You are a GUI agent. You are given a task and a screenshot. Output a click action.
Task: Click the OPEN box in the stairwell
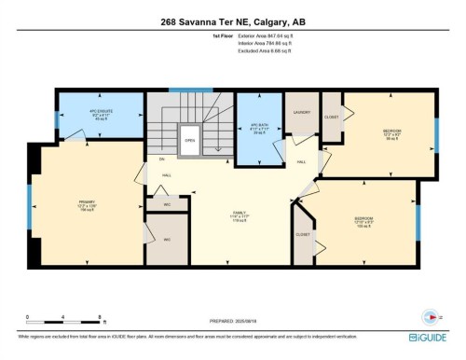(189, 142)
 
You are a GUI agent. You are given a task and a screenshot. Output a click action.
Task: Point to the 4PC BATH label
(247, 128)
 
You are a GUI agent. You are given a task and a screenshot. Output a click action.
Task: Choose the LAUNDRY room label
(301, 112)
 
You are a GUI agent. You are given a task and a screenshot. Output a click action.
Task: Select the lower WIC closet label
(168, 240)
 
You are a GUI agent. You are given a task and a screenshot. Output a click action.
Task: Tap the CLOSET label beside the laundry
(331, 118)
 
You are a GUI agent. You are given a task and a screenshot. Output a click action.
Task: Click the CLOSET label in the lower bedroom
(302, 234)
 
